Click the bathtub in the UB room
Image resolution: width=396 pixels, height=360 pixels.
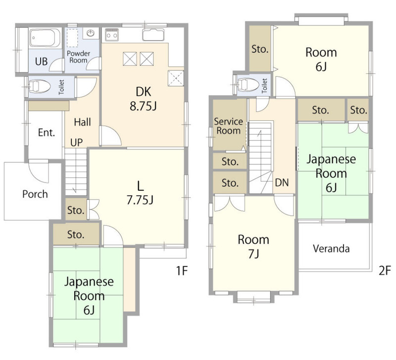[x=45, y=38]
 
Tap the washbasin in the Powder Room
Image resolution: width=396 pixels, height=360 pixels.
[x=91, y=33]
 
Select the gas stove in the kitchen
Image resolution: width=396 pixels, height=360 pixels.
[x=112, y=34]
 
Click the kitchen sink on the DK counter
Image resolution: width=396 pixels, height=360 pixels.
[x=153, y=35]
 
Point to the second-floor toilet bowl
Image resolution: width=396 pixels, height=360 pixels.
[x=248, y=84]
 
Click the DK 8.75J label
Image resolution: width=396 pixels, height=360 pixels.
[x=144, y=99]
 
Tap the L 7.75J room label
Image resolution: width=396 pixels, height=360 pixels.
[x=140, y=193]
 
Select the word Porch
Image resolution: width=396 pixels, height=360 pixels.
[x=35, y=194]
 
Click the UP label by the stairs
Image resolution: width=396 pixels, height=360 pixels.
[x=77, y=143]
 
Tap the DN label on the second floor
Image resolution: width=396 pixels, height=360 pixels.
[x=282, y=182]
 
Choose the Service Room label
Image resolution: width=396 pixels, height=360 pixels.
[x=228, y=126]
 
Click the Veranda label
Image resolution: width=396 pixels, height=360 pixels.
[x=331, y=249]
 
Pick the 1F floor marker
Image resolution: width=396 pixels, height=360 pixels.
[x=182, y=271]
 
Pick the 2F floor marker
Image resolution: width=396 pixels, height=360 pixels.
[x=385, y=271]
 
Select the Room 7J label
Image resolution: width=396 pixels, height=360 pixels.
[x=253, y=247]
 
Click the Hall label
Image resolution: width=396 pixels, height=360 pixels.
[x=83, y=122]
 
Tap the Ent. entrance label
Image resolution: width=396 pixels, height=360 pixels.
[x=47, y=133]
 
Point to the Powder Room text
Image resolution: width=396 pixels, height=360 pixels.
[x=79, y=57]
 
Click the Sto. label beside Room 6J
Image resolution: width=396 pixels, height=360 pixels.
[x=260, y=49]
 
